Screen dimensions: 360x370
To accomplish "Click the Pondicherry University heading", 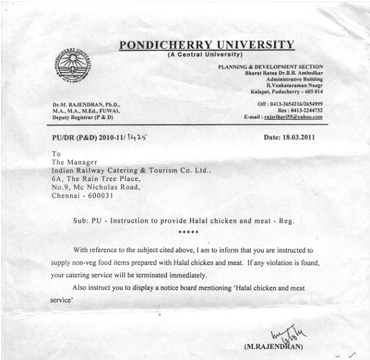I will [207, 45].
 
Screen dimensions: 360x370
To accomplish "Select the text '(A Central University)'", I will [207, 55].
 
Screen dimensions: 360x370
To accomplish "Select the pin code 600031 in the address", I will [97, 196].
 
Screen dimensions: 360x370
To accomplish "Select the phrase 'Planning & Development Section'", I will [270, 67].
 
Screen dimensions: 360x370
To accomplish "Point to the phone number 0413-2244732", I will [301, 110].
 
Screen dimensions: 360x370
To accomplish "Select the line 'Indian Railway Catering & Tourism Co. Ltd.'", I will [130, 170].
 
